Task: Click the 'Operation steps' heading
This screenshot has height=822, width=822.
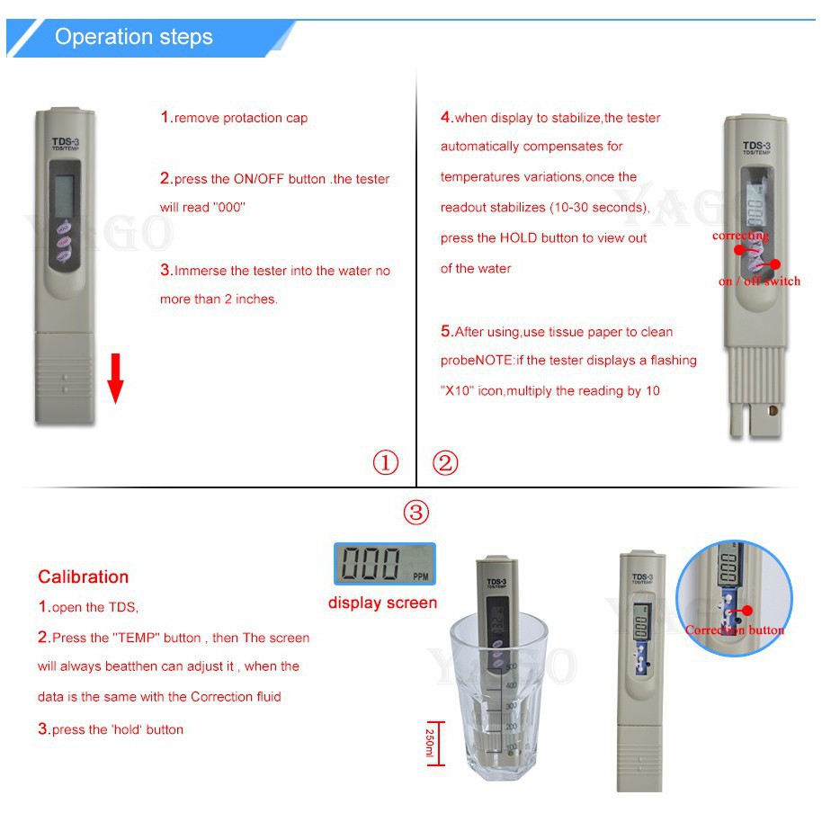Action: point(134,37)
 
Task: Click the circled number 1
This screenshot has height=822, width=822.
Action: point(385,463)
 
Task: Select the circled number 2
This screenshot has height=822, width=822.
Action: point(445,463)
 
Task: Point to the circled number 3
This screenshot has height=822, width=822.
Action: point(415,513)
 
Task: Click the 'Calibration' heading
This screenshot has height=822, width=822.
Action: point(83,576)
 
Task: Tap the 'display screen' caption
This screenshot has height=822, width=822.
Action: point(382,603)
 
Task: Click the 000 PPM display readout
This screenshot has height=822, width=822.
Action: point(384,564)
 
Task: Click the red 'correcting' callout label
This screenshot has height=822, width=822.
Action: point(740,236)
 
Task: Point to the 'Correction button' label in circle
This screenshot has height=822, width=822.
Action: point(734,630)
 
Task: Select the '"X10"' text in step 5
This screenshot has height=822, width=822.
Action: point(457,391)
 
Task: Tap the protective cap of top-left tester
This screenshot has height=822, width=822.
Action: point(64,378)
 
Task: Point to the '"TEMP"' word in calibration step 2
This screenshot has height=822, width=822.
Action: point(135,638)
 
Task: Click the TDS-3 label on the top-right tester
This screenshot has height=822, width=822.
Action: point(755,146)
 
